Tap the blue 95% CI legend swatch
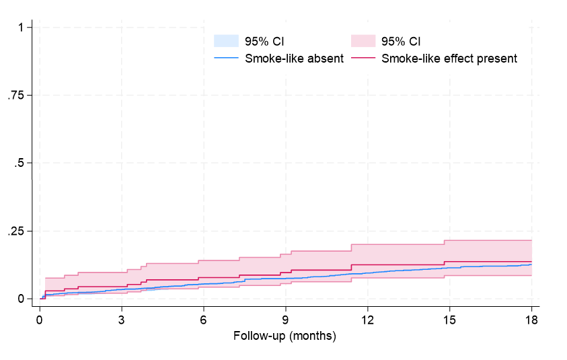pyautogui.click(x=227, y=41)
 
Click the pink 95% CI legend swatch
pyautogui.click(x=363, y=41)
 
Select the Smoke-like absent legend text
pyautogui.click(x=295, y=59)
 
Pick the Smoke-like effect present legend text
pyautogui.click(x=449, y=59)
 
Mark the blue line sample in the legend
pyautogui.click(x=227, y=59)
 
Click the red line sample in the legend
pyautogui.click(x=363, y=59)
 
